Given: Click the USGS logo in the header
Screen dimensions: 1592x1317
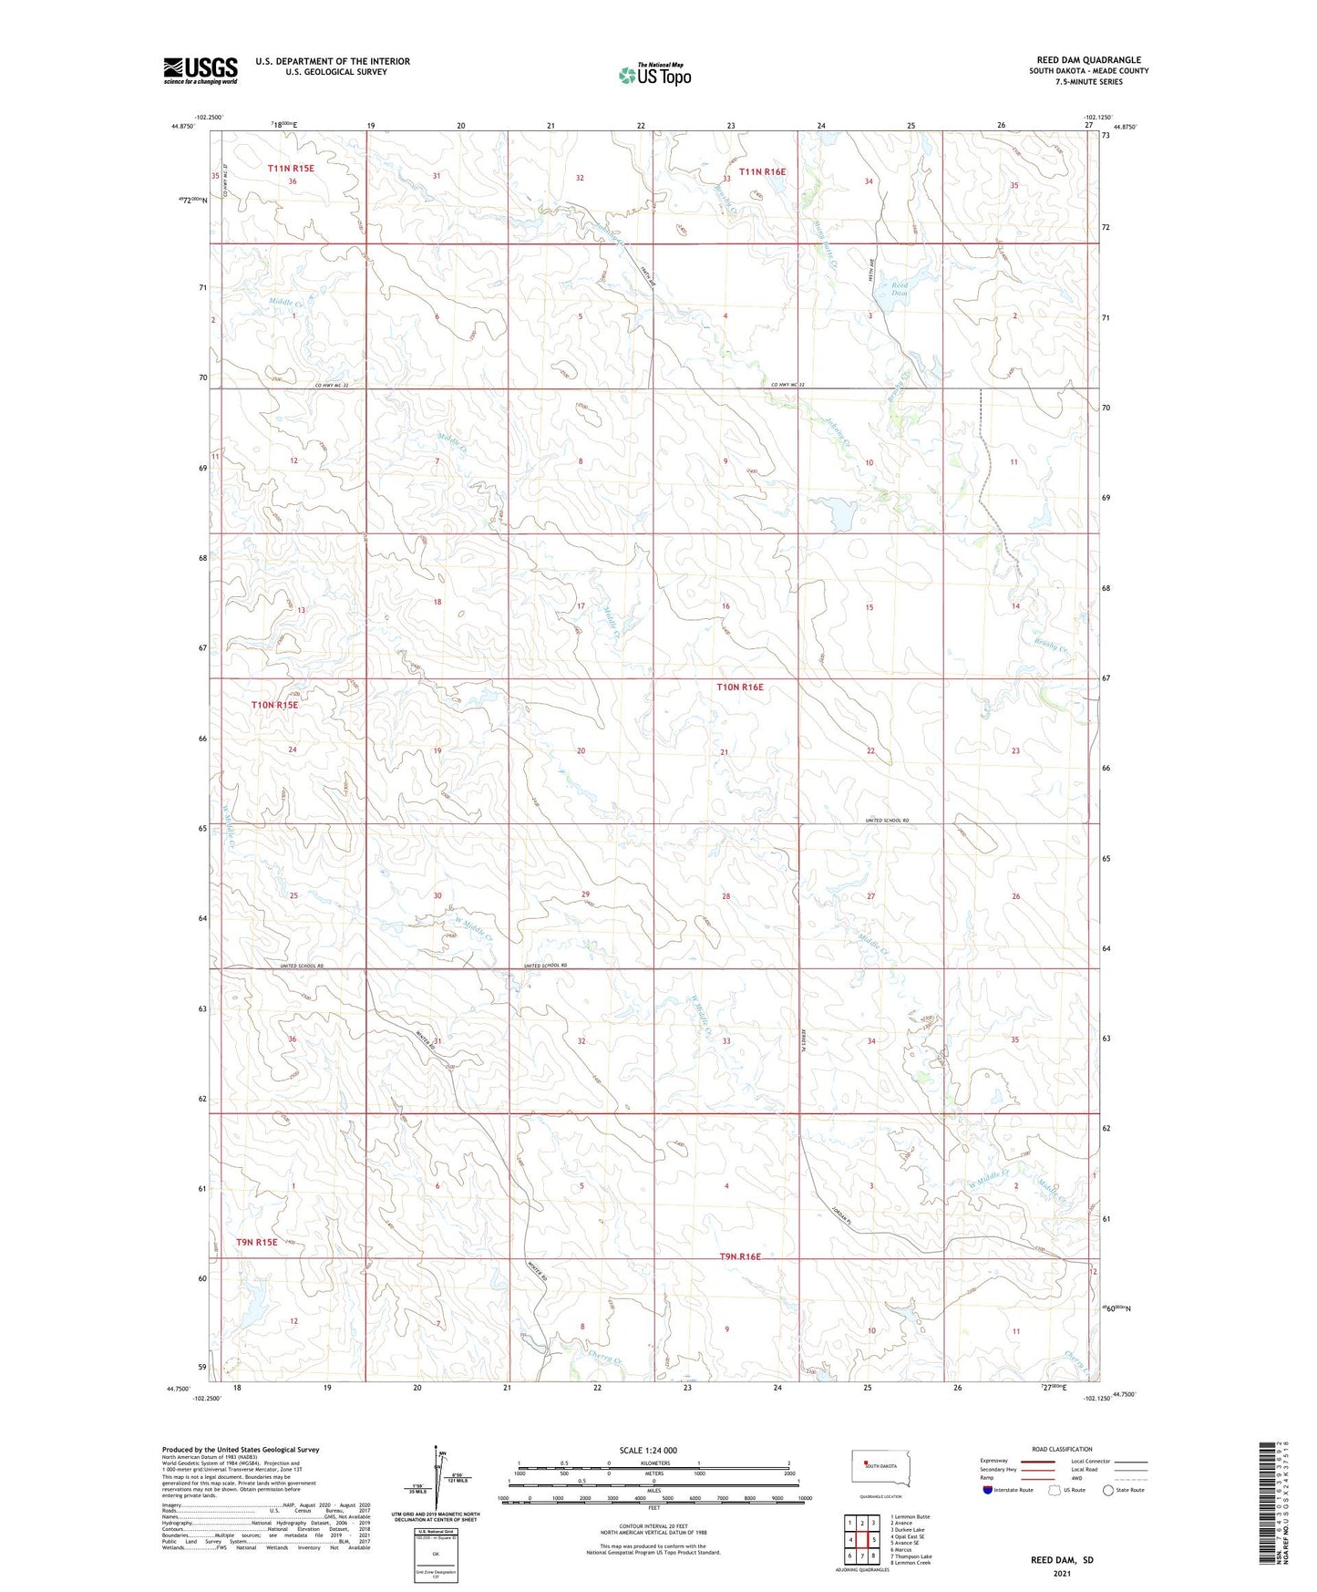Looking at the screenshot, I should click(200, 70).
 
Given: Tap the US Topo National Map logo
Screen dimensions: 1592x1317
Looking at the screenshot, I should click(653, 75).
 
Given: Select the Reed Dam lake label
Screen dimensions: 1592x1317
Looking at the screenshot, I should click(900, 289).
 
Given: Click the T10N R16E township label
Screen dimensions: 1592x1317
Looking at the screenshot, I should click(739, 687).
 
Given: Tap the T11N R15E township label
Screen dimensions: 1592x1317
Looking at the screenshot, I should click(291, 168).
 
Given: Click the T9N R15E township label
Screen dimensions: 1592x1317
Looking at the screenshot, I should click(257, 1242).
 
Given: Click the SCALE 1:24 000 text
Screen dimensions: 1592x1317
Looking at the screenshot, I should click(648, 1450).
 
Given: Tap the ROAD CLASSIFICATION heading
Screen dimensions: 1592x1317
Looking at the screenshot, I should click(1062, 1449).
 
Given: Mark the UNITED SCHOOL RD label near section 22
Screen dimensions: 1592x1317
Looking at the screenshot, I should click(887, 821).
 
